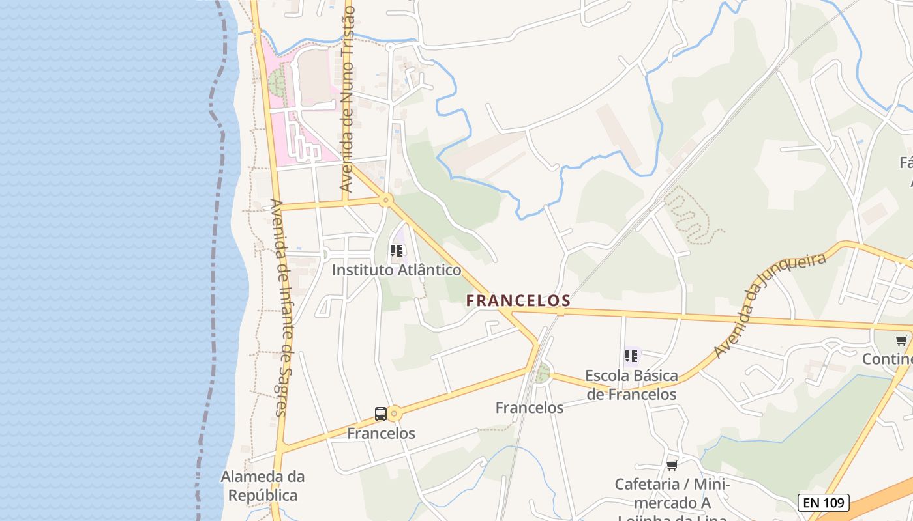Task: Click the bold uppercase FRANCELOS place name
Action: point(518,300)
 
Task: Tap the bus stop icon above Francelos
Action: point(381,414)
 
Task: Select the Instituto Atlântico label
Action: point(397,270)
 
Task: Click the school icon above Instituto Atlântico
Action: point(397,251)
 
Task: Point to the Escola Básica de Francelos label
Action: point(631,385)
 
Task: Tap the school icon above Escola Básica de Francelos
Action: point(631,356)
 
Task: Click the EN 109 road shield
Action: point(824,502)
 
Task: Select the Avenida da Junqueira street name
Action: point(770,305)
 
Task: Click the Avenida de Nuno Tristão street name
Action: point(347,98)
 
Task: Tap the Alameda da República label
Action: point(262,486)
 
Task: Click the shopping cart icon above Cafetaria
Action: point(672,465)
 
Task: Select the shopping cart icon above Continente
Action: point(901,340)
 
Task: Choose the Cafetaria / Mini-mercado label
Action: point(672,494)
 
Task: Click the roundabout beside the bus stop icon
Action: point(395,414)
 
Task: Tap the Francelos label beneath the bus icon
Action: point(381,433)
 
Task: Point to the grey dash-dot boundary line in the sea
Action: point(214,260)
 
